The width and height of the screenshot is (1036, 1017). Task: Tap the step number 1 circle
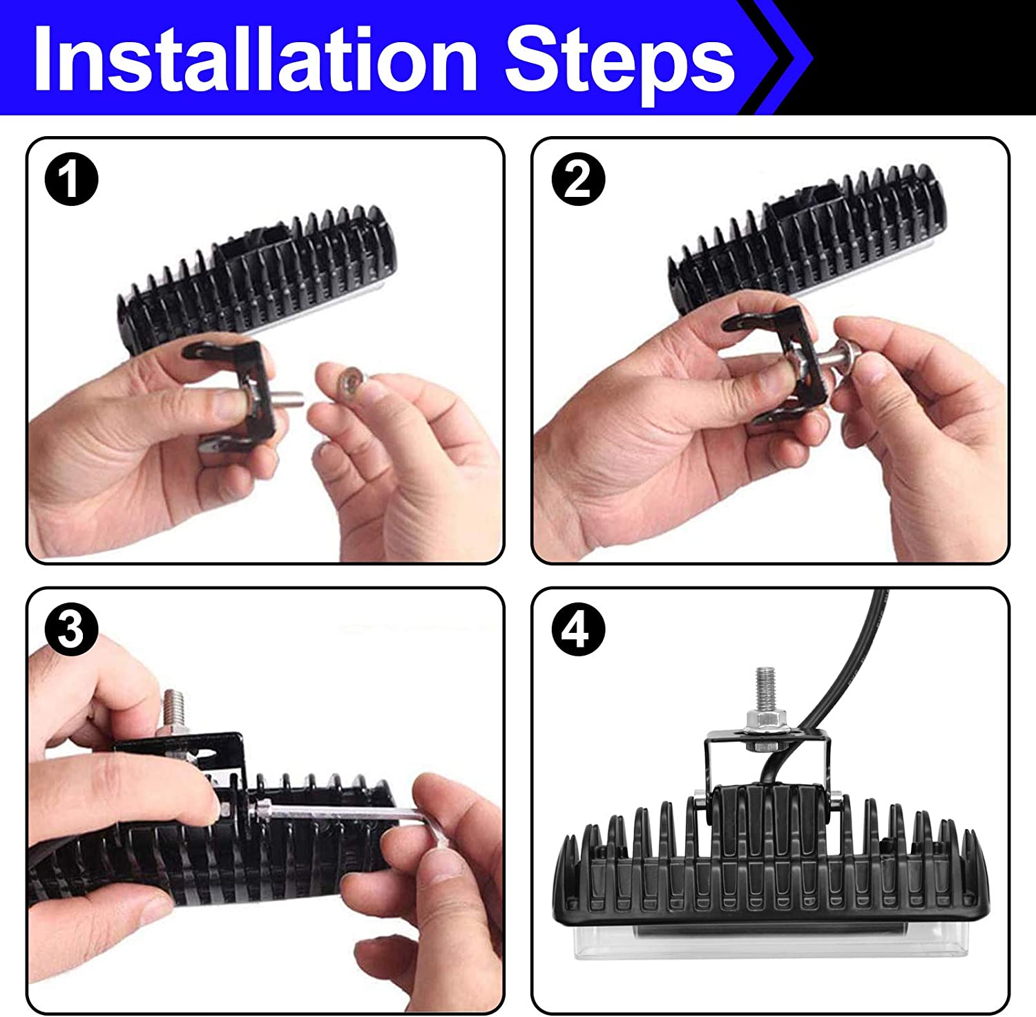pos(71,180)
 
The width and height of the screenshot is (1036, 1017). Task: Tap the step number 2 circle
pos(578,180)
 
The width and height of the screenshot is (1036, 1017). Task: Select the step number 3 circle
pos(71,630)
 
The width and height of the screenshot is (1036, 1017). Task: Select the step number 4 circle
pos(578,630)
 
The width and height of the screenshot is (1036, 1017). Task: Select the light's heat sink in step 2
pos(808,242)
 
